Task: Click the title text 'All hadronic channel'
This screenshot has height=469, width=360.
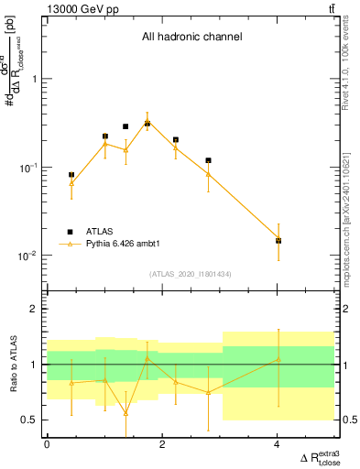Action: [191, 38]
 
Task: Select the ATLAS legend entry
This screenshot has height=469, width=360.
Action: [96, 232]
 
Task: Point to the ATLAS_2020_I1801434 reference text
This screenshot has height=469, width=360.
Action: [191, 274]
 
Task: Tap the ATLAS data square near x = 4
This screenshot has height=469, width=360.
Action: [278, 241]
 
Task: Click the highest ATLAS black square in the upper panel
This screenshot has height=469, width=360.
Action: [147, 123]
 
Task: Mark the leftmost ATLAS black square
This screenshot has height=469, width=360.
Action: [71, 174]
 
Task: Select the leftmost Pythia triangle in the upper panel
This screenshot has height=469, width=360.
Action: [71, 183]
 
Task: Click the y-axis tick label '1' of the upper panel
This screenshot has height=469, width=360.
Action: [35, 80]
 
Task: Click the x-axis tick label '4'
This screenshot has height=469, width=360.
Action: [278, 444]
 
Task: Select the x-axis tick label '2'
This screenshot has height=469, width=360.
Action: [162, 444]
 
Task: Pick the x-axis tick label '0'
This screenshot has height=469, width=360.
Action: [47, 444]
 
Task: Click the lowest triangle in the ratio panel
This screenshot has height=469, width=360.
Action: [125, 413]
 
